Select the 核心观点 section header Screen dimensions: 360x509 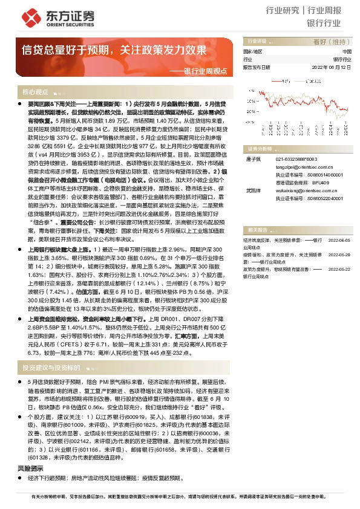coord(36,92)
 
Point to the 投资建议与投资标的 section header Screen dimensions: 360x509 coord(51,367)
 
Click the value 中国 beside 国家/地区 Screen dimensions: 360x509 coord(347,52)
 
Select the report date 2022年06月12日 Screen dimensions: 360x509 coord(331,68)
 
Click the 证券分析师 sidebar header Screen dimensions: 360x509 coord(258,148)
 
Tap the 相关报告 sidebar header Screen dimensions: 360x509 coord(256,230)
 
